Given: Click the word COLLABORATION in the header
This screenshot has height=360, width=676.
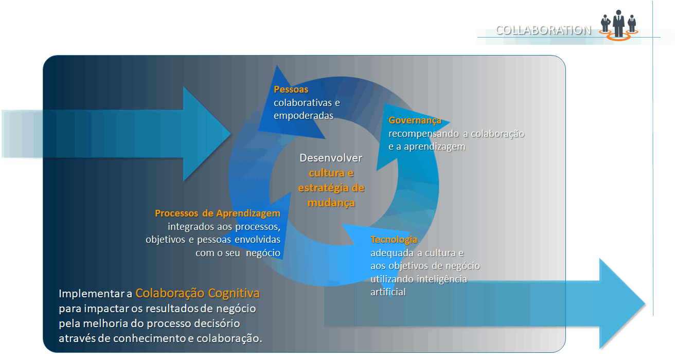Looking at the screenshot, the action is (x=543, y=30).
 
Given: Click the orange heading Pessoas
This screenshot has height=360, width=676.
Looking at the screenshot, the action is (x=291, y=89).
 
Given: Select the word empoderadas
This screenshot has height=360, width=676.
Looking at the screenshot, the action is (x=304, y=116).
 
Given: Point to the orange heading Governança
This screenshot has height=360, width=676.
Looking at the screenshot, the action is (x=415, y=120).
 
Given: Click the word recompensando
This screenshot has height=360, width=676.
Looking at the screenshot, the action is (x=424, y=134).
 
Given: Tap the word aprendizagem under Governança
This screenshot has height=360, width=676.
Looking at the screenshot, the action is (x=435, y=147).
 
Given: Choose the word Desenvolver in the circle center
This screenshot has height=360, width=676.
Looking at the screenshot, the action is (x=331, y=158).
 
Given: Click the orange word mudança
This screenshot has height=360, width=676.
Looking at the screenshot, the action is (x=331, y=203).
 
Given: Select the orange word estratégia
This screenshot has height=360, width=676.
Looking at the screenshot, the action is (x=322, y=188).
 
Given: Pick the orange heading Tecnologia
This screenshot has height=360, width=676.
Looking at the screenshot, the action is (x=394, y=240).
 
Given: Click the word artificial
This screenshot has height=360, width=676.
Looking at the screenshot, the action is (x=388, y=292).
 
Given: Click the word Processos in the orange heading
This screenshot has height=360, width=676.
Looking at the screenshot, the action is (x=176, y=213).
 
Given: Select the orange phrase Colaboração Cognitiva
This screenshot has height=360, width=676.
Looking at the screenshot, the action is (x=198, y=293).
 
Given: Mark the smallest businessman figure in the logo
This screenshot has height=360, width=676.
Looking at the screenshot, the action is (x=605, y=24).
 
